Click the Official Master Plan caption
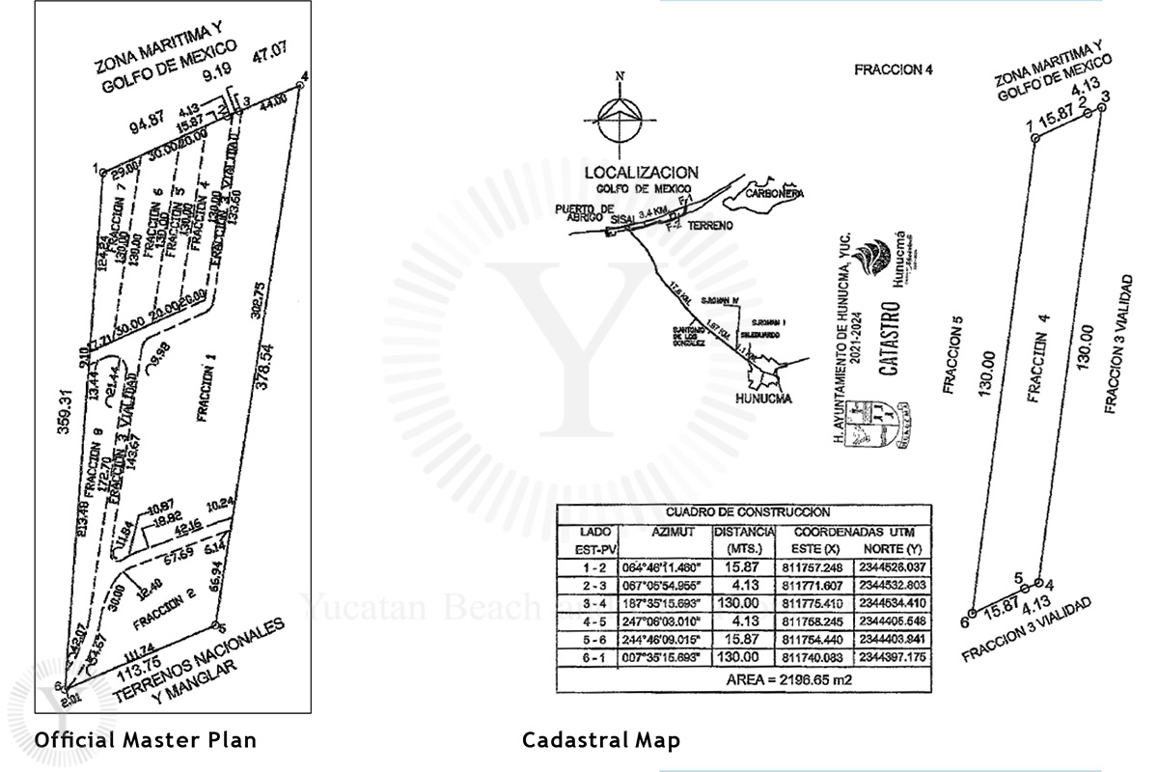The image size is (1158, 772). point(146,740)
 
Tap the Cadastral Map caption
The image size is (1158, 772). point(601,740)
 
